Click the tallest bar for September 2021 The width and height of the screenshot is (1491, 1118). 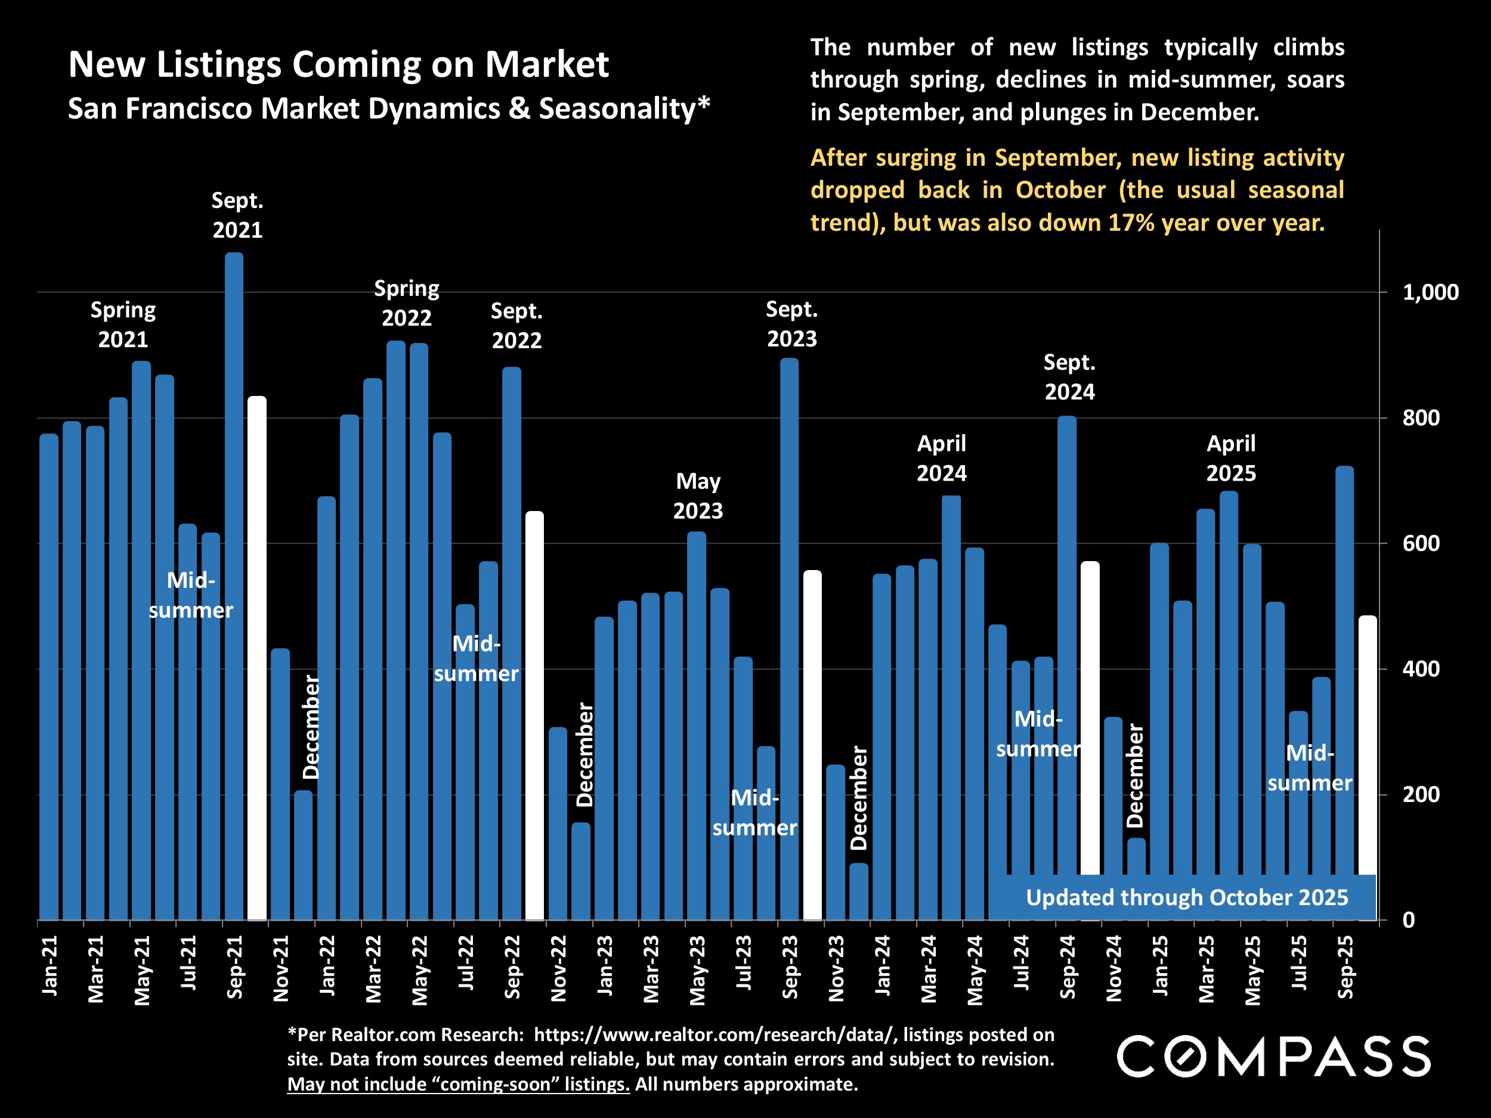(x=234, y=586)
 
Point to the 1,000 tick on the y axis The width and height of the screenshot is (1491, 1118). (x=1430, y=293)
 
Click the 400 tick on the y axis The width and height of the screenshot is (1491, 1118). (x=1421, y=669)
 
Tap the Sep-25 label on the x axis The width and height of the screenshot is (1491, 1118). (x=1345, y=967)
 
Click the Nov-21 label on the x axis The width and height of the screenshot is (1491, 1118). (x=280, y=968)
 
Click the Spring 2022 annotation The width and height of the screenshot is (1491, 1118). (x=407, y=303)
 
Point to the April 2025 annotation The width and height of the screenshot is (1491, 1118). (x=1231, y=459)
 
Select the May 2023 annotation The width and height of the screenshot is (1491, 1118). (x=698, y=496)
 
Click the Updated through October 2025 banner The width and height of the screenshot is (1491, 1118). (x=1186, y=897)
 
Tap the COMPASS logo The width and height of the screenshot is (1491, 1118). (x=1273, y=1056)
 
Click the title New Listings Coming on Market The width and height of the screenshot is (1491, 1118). (x=338, y=64)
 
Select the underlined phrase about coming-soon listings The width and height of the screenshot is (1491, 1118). (x=459, y=1083)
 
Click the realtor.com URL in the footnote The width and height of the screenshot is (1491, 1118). (x=714, y=1035)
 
